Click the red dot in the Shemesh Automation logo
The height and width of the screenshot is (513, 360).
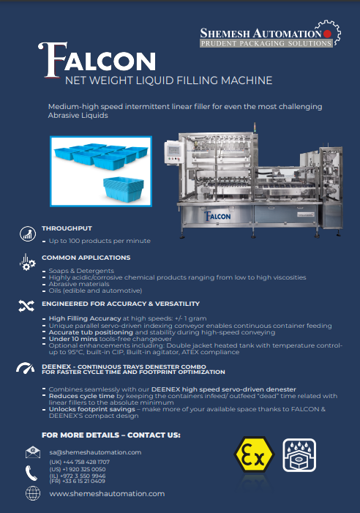click(327, 34)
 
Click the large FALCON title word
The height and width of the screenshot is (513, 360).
click(97, 60)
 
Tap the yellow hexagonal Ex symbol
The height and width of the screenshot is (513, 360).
click(254, 455)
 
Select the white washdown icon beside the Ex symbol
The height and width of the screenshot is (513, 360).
click(299, 455)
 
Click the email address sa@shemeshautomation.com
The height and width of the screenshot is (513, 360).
click(95, 452)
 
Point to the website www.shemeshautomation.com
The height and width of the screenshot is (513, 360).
click(107, 493)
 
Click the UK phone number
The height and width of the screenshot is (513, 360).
click(80, 462)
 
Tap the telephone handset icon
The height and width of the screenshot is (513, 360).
click(31, 473)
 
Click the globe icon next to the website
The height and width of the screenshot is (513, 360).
click(33, 493)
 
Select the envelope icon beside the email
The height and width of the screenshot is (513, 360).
click(33, 452)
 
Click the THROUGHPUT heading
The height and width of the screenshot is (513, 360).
click(67, 228)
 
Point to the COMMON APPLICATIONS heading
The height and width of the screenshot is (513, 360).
click(86, 258)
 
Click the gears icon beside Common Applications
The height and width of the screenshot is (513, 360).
click(27, 263)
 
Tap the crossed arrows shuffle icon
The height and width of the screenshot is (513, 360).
click(26, 306)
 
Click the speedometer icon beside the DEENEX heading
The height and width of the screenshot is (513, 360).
click(25, 368)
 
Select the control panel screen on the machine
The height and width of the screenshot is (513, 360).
click(173, 151)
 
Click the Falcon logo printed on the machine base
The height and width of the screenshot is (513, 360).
click(217, 216)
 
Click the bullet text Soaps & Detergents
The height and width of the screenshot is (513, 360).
click(81, 271)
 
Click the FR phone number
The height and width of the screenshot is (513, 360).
click(77, 481)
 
